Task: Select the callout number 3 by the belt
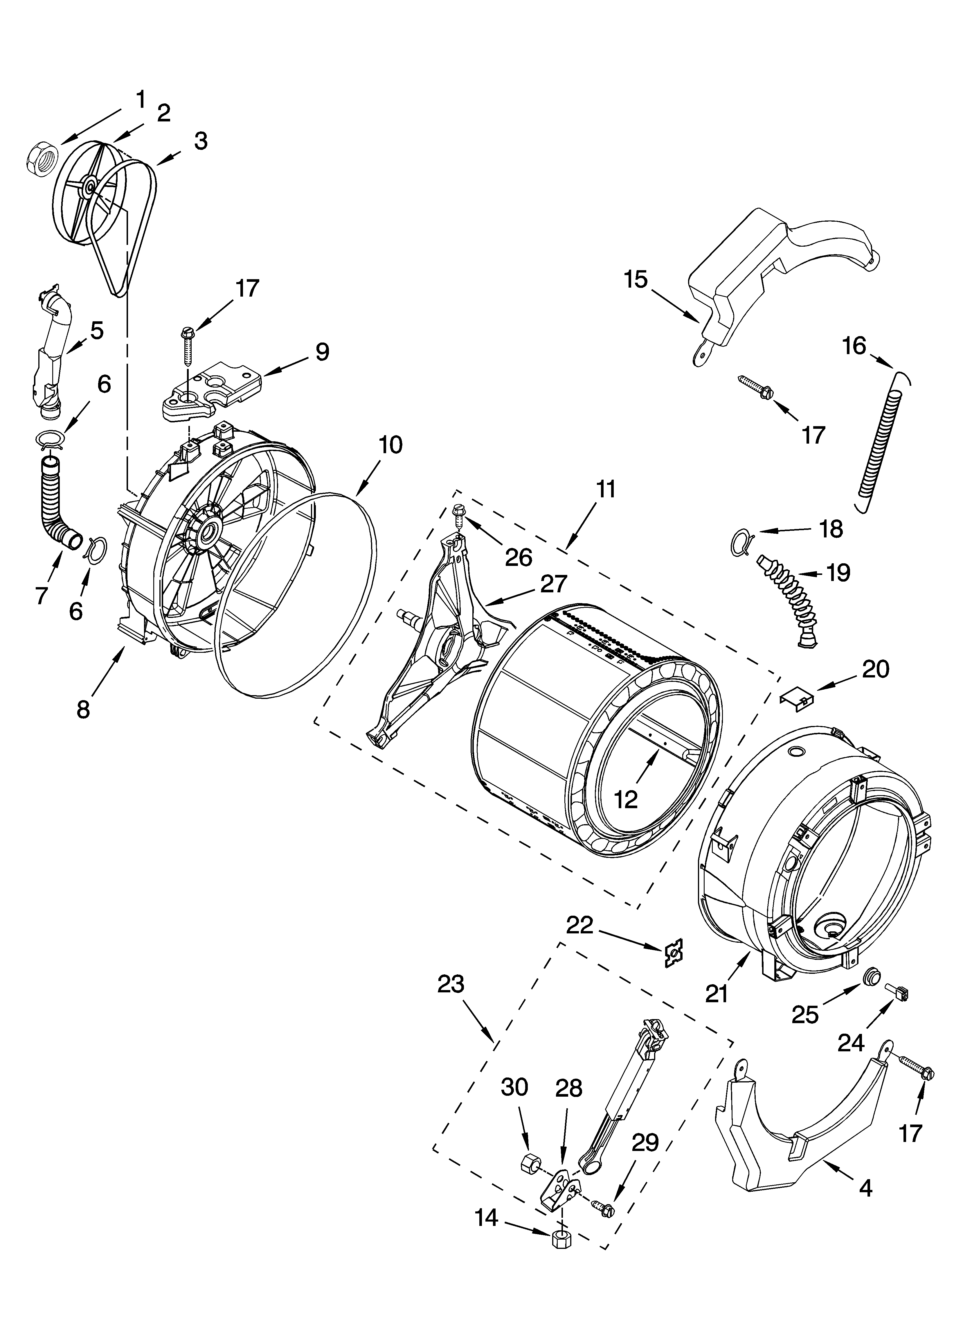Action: point(201,141)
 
